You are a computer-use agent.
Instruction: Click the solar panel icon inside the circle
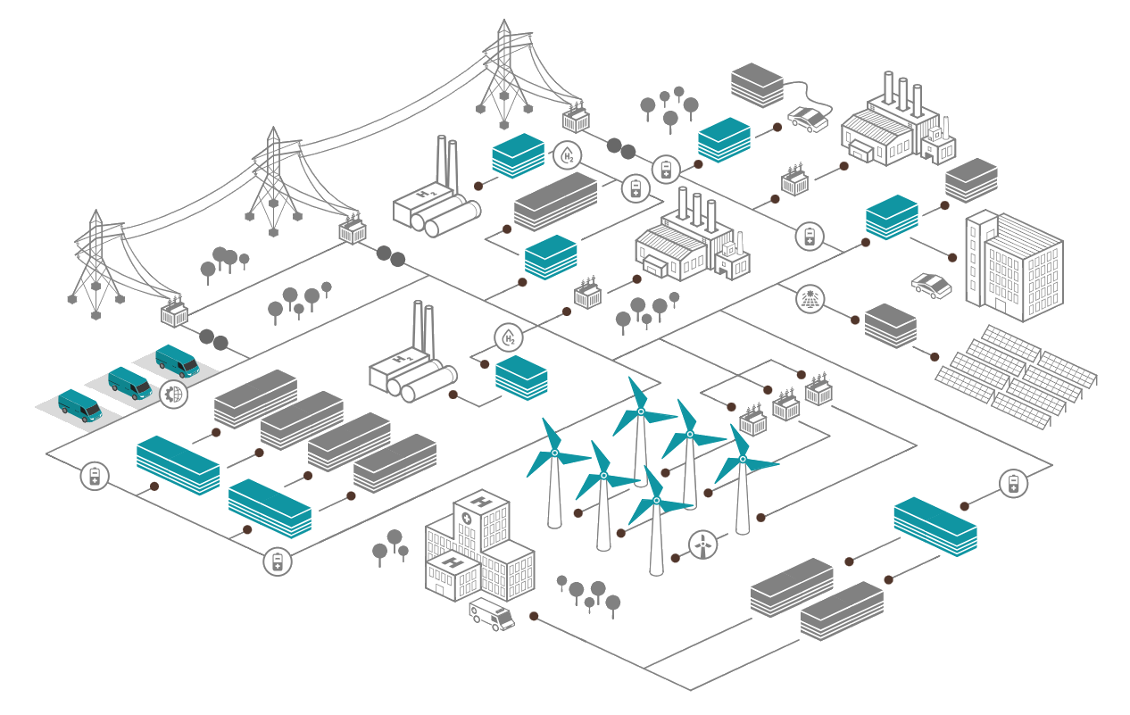(x=810, y=299)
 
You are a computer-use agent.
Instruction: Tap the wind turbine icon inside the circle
(x=702, y=545)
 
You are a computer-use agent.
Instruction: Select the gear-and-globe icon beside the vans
(x=173, y=395)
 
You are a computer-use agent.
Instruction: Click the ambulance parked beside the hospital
(x=492, y=614)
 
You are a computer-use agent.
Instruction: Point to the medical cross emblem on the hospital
(x=467, y=519)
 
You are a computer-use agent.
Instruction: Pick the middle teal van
(x=129, y=383)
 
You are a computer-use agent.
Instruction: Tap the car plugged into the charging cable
(x=808, y=120)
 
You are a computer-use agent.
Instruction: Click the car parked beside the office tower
(x=931, y=286)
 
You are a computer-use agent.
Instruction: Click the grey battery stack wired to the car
(x=757, y=85)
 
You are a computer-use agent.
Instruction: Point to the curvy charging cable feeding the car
(x=807, y=95)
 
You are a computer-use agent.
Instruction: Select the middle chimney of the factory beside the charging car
(x=903, y=95)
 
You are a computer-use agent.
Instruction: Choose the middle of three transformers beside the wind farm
(x=786, y=404)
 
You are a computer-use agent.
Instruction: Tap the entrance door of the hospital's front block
(x=439, y=590)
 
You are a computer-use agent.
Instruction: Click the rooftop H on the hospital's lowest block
(x=452, y=561)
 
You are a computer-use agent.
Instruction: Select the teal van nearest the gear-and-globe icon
(x=178, y=361)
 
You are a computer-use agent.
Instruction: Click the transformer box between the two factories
(x=795, y=179)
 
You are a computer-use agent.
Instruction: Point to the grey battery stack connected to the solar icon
(x=891, y=326)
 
